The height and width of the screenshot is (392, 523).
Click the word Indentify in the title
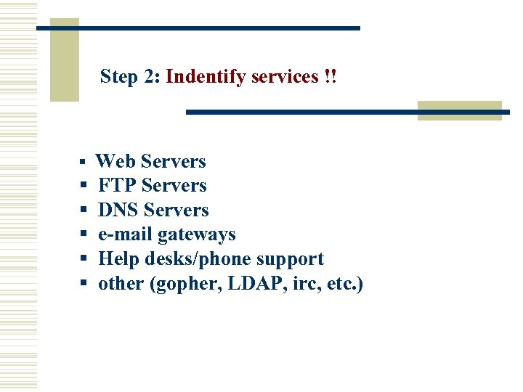[206, 76]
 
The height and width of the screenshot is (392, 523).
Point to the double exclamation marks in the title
[331, 76]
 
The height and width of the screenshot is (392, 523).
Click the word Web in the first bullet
[116, 161]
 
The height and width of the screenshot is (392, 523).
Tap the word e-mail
[126, 234]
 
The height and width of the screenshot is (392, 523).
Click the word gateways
[197, 235]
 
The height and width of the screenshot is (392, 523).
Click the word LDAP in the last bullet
[248, 284]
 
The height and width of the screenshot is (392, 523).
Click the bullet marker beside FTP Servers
[84, 187]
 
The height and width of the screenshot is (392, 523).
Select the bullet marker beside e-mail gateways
[84, 235]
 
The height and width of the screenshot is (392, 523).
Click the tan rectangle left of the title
[64, 60]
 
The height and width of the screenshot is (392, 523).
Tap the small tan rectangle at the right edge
[459, 110]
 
